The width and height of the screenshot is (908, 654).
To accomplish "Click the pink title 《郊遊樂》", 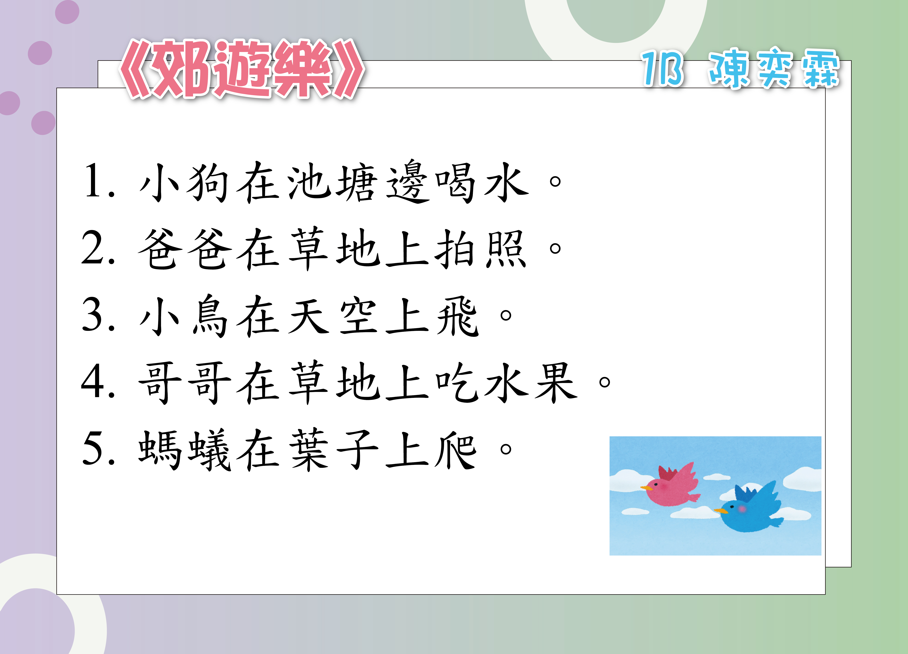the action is pyautogui.click(x=242, y=69).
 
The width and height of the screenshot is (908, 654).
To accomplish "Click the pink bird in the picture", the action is pyautogui.click(x=671, y=485).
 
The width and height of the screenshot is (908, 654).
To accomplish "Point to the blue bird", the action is pyautogui.click(x=749, y=508).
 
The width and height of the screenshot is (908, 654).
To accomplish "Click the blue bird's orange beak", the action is pyautogui.click(x=721, y=511).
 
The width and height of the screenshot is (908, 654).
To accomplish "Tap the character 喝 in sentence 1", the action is pyautogui.click(x=456, y=182).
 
